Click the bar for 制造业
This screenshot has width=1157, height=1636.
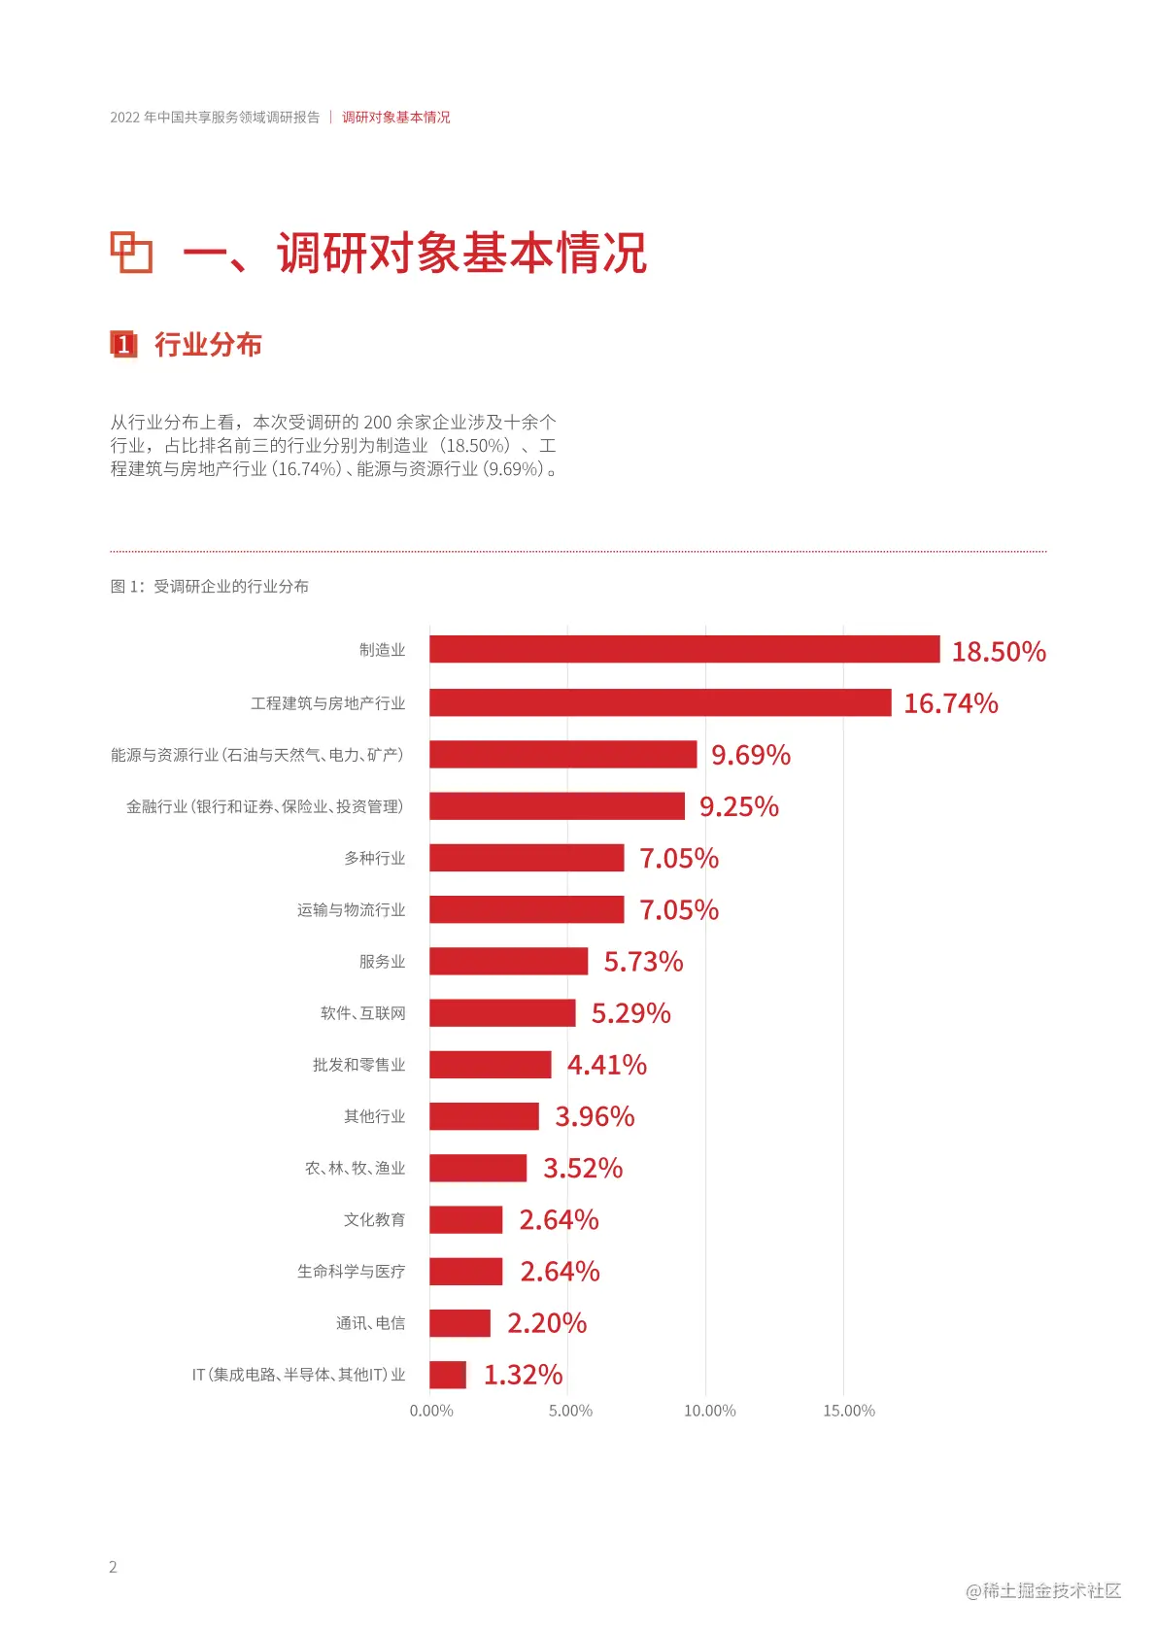[x=684, y=649]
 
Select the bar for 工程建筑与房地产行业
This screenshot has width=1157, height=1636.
[x=660, y=702]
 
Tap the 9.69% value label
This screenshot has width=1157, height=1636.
[x=750, y=755]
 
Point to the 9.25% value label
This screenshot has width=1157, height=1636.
[x=738, y=806]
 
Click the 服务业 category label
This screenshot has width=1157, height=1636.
[x=382, y=962]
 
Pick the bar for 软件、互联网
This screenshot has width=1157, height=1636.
[x=502, y=1012]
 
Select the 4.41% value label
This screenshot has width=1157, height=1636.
[x=606, y=1065]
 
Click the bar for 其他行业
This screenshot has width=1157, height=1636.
[x=484, y=1116]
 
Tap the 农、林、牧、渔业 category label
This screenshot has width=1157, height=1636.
[x=355, y=1168]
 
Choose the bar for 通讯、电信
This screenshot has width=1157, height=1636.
[x=459, y=1322]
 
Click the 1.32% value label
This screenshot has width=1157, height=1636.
[x=523, y=1375]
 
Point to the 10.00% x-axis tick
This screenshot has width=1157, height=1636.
[x=709, y=1411]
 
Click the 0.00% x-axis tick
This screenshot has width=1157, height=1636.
[x=431, y=1411]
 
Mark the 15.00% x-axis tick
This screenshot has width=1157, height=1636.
[x=848, y=1411]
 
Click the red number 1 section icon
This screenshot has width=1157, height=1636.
[x=123, y=344]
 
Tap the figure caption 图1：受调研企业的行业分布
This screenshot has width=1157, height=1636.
[x=209, y=586]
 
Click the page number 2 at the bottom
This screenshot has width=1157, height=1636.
[x=113, y=1566]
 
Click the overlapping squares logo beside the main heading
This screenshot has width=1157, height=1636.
[x=131, y=253]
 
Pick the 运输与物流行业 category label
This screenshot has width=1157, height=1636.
[x=351, y=910]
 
